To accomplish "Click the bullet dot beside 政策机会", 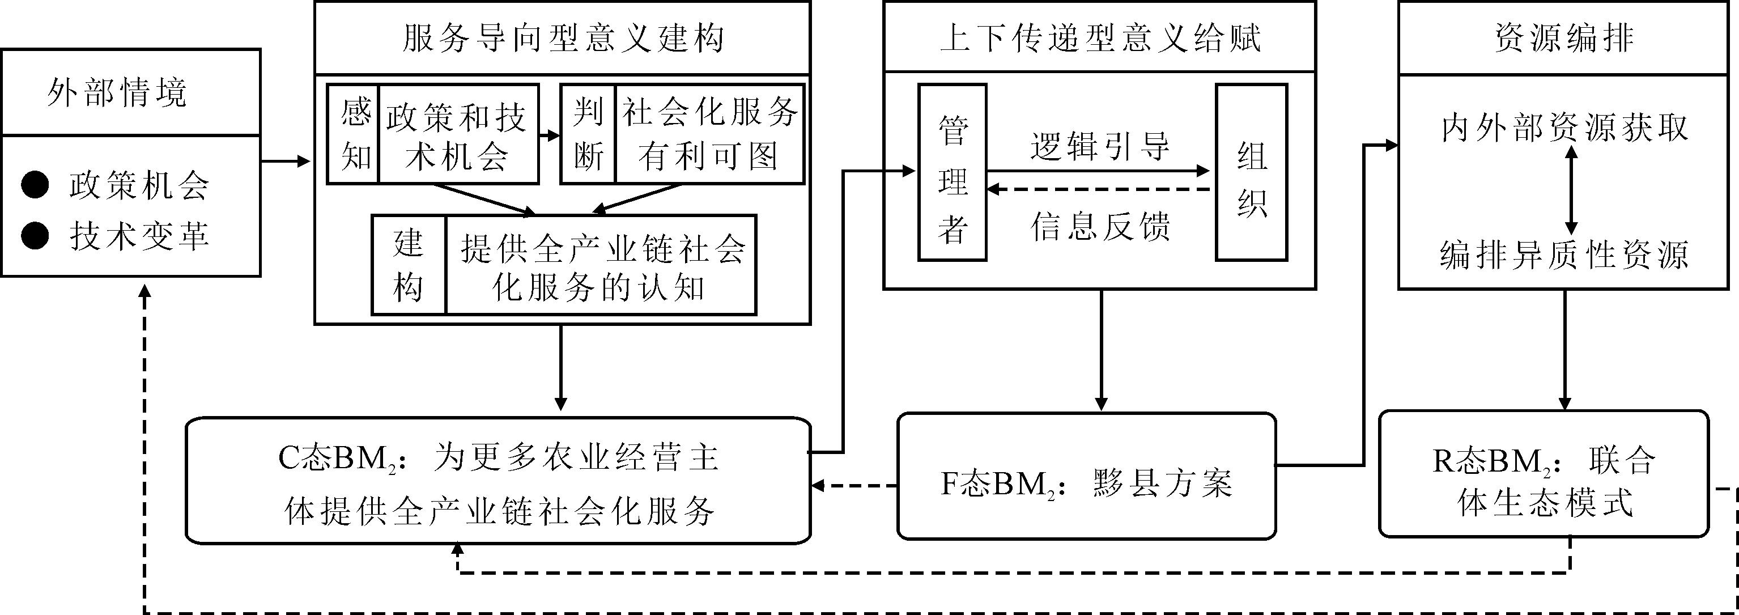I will point(35,185).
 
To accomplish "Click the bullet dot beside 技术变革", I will point(35,236).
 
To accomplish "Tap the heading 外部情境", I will point(117,92).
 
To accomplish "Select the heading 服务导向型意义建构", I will point(562,38).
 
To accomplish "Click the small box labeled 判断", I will point(588,134).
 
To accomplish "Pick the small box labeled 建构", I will point(409,265).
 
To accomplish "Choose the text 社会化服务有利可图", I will point(709,134).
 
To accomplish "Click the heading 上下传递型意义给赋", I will point(1100,38).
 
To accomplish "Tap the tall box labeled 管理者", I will point(953,173).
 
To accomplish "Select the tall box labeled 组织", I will point(1251,173).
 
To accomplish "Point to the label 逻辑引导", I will point(1100,146).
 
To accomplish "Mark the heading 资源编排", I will point(1563,38).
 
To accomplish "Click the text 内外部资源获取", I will point(1563,128).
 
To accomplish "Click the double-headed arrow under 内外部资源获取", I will point(1571,191).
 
